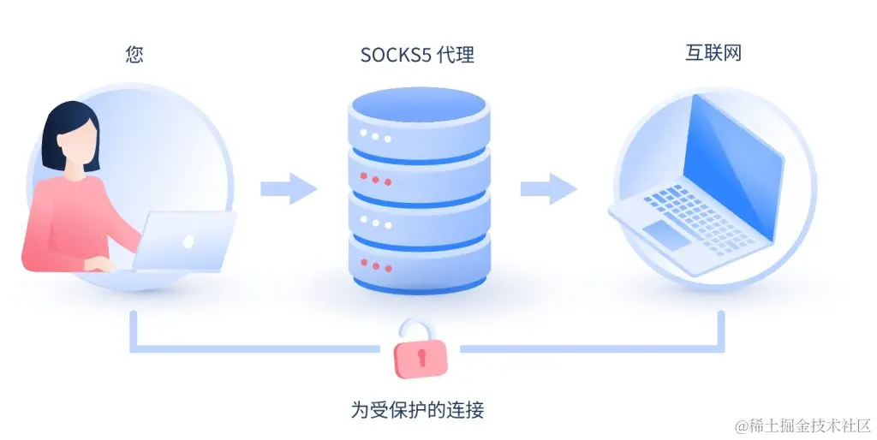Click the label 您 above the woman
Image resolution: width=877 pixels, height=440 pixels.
(134, 55)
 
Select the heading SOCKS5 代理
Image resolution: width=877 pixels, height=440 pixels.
(417, 56)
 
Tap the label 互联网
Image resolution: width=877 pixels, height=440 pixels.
(713, 53)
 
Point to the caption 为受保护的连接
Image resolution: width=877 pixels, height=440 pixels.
(417, 409)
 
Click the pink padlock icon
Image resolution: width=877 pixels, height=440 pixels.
(420, 353)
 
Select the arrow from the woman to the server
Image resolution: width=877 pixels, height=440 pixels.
(289, 188)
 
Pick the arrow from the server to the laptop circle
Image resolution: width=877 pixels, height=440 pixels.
(549, 188)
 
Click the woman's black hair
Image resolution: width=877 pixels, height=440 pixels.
(69, 124)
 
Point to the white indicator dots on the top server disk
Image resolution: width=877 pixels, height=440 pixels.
(374, 136)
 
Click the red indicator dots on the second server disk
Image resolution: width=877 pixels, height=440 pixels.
(374, 179)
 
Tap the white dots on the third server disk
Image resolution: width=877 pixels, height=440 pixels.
(374, 222)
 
